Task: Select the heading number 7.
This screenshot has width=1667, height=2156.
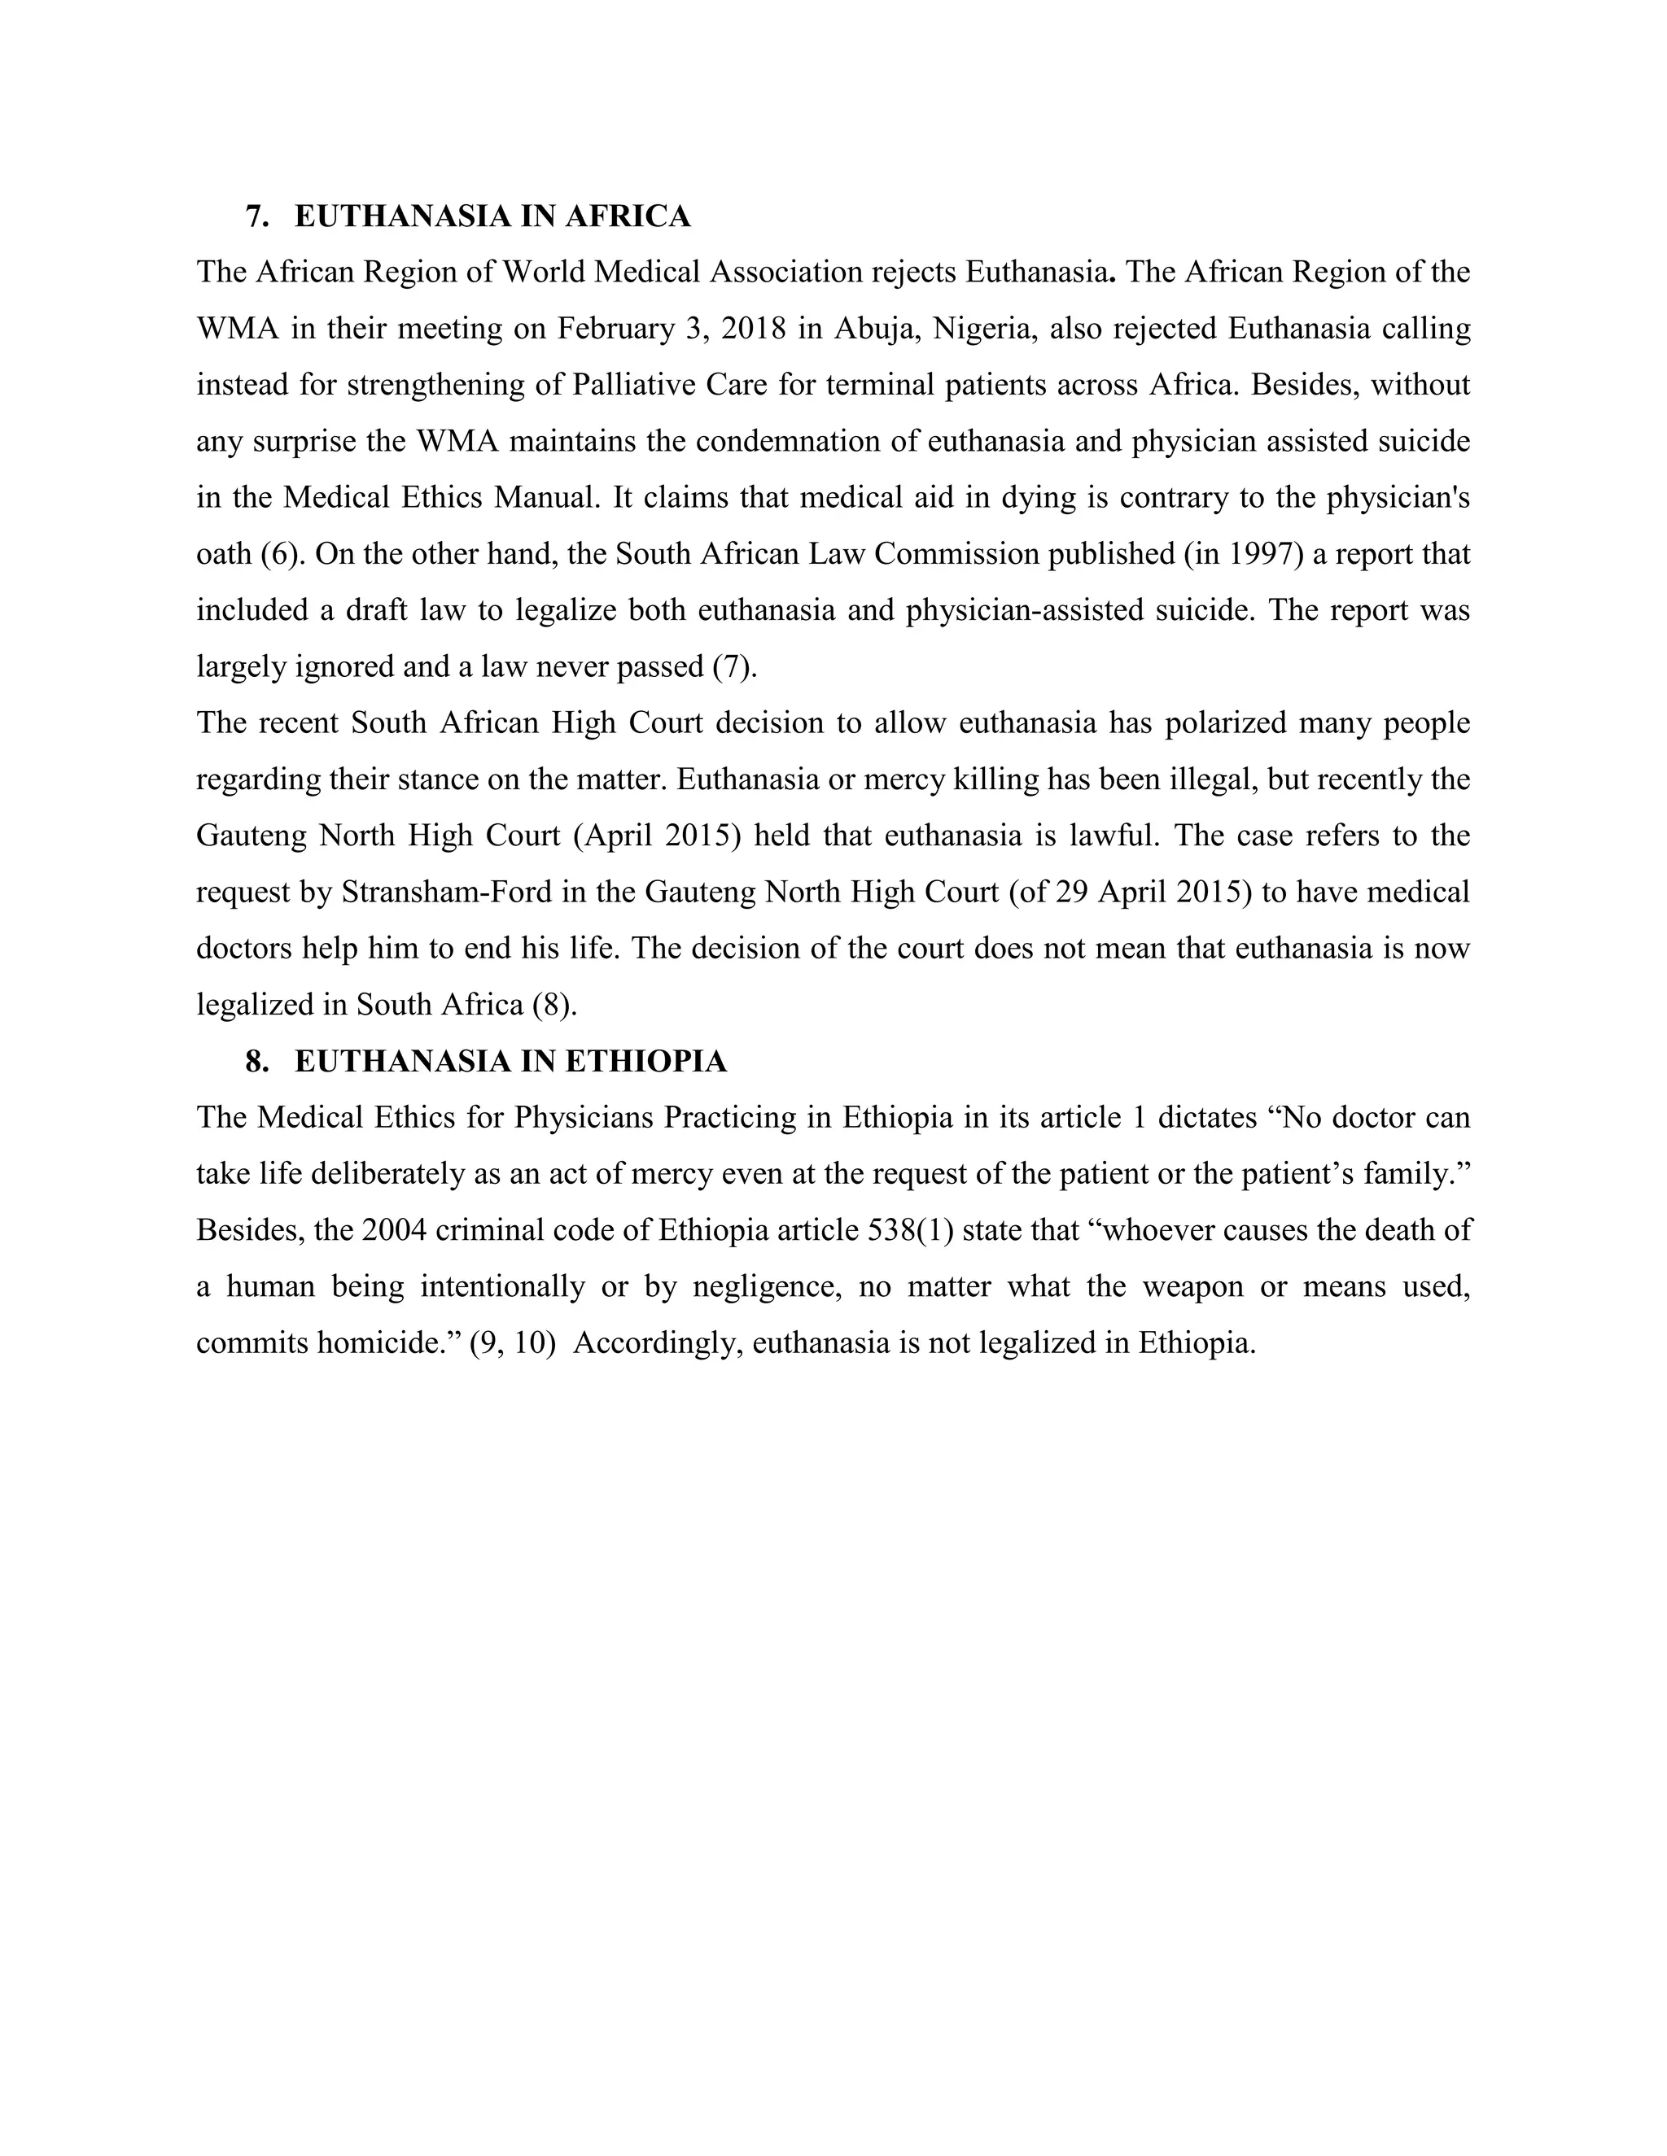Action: [x=256, y=216]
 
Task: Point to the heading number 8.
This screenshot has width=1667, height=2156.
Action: [x=256, y=1061]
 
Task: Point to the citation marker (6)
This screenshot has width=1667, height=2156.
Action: [x=281, y=554]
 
